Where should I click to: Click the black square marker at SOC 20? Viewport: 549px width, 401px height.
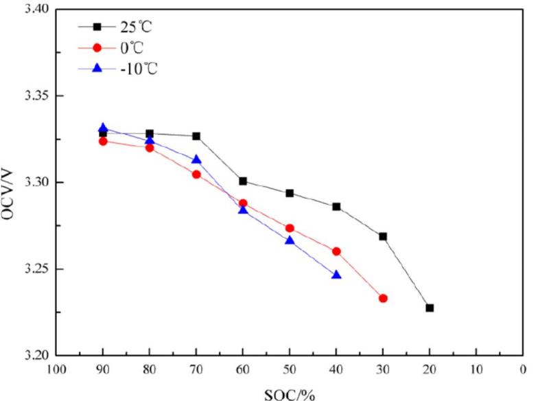430,308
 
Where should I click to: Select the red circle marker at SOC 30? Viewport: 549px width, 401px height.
383,298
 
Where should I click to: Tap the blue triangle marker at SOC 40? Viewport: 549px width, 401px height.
336,275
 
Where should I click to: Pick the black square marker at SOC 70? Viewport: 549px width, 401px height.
196,136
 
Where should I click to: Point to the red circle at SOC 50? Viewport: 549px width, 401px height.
290,228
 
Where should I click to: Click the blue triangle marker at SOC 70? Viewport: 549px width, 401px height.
196,159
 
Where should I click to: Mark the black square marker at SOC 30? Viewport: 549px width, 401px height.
383,236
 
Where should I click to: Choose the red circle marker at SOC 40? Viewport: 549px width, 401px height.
336,251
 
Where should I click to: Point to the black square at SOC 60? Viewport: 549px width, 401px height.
243,181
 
